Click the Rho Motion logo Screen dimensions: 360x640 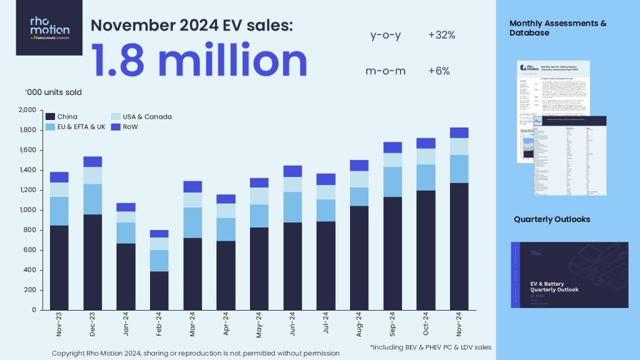coord(49,28)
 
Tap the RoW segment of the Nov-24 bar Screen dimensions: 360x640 coord(459,132)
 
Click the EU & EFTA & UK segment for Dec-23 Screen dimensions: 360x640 coord(92,199)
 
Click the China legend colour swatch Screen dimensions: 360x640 coord(50,117)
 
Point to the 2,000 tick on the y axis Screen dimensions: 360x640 coord(28,110)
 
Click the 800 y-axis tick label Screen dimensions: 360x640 coord(31,230)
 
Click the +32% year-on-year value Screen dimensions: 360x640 coord(442,36)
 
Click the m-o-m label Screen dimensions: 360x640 coord(386,71)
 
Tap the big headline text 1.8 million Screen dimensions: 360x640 coord(199,60)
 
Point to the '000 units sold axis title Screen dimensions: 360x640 coord(53,92)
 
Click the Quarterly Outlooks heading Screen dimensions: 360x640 coord(552,219)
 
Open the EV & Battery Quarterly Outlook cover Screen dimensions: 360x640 coord(569,274)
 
